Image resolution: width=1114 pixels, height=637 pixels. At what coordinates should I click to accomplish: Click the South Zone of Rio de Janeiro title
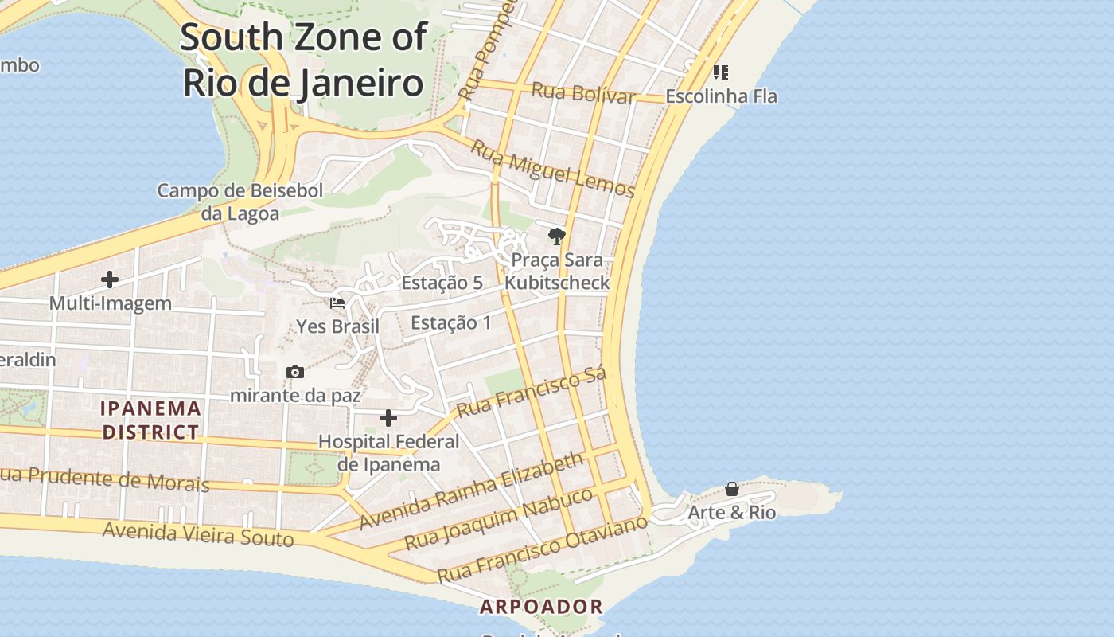coord(303,60)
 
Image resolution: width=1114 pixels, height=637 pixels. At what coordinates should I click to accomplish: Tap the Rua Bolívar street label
coord(582,92)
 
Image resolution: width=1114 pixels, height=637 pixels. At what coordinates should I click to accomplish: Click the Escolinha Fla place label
coord(721,96)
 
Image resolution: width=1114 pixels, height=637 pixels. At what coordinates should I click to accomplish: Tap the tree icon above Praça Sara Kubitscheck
coord(556,236)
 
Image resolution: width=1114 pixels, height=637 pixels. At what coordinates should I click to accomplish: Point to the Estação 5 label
coord(442,283)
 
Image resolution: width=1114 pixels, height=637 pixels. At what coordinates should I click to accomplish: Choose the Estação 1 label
coord(450,322)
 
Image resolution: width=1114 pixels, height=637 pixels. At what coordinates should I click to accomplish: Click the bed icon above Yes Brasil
coord(337,303)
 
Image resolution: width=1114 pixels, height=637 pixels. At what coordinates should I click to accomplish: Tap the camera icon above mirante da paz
coord(295,372)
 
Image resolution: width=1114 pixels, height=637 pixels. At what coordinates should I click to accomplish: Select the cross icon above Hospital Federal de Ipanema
coord(388,418)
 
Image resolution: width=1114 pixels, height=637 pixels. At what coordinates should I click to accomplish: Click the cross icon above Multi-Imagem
coord(110,279)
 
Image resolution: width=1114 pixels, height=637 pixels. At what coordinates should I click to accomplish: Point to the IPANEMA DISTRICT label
coord(150,420)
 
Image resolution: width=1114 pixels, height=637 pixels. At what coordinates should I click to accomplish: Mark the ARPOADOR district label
coord(541,607)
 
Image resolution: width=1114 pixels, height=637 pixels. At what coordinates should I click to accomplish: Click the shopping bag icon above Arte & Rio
coord(732,489)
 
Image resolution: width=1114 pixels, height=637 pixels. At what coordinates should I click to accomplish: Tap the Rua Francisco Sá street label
coord(532,391)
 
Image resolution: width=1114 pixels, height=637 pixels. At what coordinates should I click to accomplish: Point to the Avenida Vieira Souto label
coord(198,533)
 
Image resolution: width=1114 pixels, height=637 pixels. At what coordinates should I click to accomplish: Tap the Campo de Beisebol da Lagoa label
coord(240,202)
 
